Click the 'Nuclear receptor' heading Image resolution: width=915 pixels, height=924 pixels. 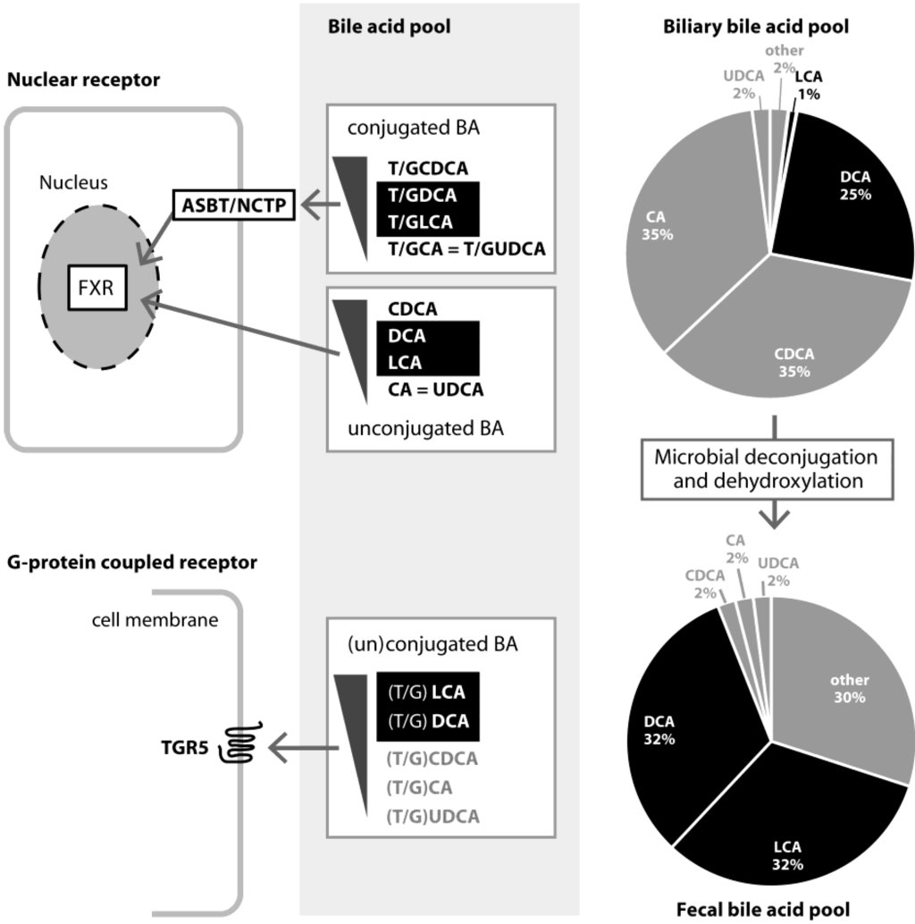coord(83,80)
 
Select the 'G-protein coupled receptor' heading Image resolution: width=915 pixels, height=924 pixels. coord(132,562)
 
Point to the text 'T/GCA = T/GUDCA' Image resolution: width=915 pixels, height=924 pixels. coord(466,248)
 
